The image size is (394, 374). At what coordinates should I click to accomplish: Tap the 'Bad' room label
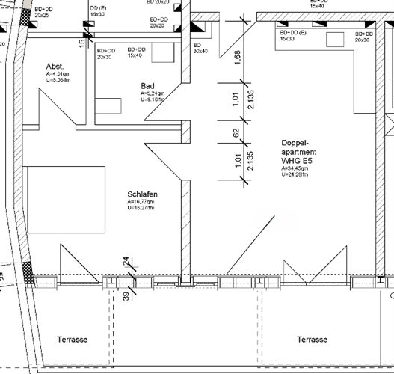(x=147, y=86)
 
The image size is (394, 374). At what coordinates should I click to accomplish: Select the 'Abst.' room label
(x=55, y=66)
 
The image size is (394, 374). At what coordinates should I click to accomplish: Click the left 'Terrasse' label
(x=73, y=340)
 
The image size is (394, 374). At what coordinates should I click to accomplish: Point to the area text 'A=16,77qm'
(x=141, y=202)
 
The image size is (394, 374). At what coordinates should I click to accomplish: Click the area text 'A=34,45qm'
(x=295, y=169)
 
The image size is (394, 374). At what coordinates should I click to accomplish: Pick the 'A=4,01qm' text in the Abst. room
(x=58, y=74)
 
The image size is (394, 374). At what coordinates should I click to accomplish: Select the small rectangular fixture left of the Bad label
(x=107, y=105)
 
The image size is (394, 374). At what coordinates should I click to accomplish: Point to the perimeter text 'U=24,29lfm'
(x=297, y=176)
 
